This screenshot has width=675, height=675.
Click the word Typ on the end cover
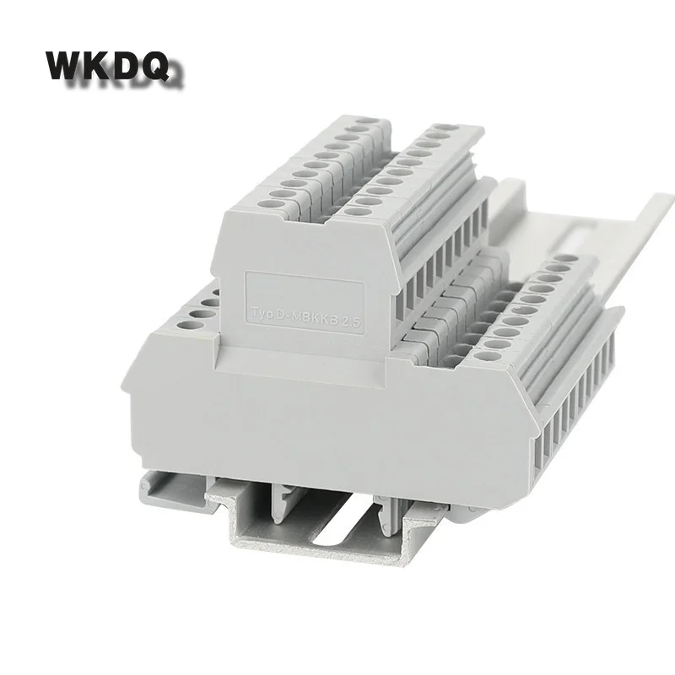click(x=263, y=313)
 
